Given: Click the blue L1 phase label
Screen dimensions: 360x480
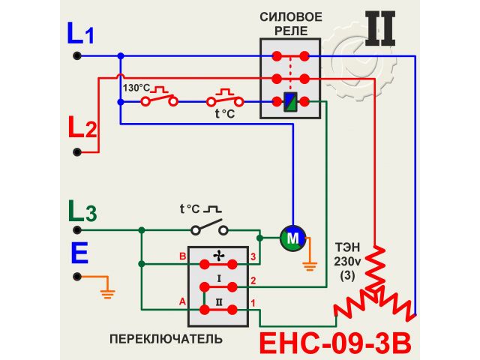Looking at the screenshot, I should pos(81,33).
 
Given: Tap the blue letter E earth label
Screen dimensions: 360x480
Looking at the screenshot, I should pos(79,253).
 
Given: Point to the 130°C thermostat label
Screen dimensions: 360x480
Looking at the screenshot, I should pos(136,88).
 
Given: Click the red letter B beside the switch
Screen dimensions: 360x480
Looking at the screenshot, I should pos(181,257).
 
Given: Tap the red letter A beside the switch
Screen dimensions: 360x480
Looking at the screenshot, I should pos(181,302).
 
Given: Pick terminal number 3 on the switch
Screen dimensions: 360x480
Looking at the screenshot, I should pos(253,257).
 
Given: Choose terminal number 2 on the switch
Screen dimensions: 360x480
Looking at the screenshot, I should pos(253,281).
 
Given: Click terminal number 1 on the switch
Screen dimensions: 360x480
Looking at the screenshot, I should pos(253,303).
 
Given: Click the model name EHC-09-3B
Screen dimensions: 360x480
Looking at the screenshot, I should pos(335,343).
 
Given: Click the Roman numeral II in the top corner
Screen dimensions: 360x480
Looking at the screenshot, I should pos(381,28).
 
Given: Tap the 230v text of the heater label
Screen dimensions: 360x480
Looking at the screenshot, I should pos(347,262).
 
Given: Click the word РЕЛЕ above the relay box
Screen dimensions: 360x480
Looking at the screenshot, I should pos(291,30).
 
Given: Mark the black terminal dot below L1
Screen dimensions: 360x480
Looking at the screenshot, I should pos(76,55).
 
